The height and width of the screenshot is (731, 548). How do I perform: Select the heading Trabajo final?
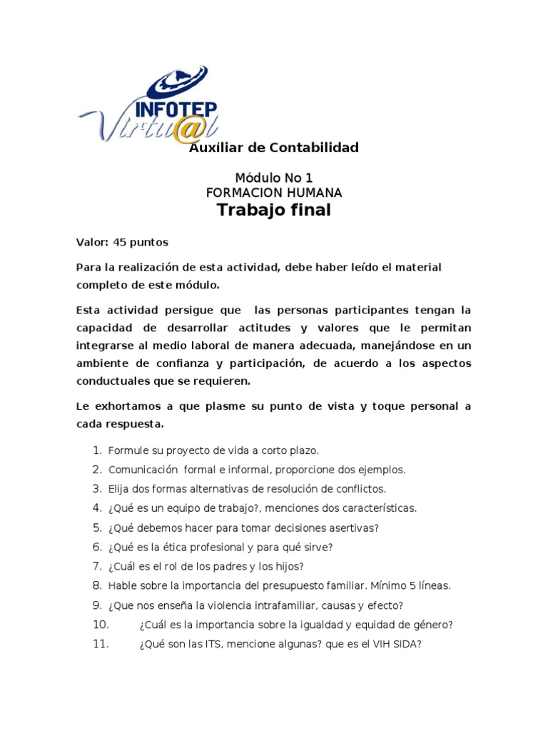coord(274,210)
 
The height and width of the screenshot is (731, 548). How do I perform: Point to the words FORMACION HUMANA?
coord(274,193)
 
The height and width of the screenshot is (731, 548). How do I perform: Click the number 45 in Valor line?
coord(119,242)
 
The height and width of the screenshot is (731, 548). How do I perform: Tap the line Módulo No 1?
coord(274,178)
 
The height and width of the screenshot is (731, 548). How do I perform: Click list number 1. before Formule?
coord(97,450)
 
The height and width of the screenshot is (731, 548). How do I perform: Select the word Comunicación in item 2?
coord(142,470)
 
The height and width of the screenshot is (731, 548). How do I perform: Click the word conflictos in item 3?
coord(360,489)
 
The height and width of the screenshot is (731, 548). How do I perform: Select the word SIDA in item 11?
coord(406,644)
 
